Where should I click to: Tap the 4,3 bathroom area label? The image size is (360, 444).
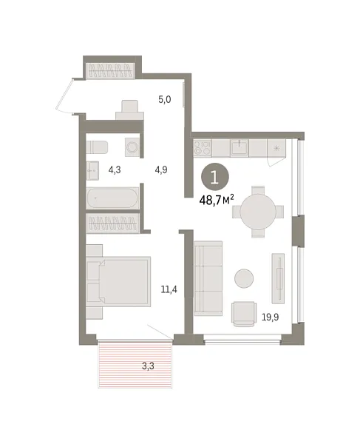[x=115, y=169]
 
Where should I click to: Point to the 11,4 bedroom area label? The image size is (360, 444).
[x=169, y=289]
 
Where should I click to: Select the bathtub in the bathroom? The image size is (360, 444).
[x=113, y=200]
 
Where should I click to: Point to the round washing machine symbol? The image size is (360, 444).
[x=132, y=147]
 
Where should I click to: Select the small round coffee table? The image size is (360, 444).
[x=244, y=278]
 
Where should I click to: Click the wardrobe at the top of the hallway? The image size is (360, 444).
[x=112, y=70]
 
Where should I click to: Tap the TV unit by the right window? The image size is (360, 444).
[x=278, y=279]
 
